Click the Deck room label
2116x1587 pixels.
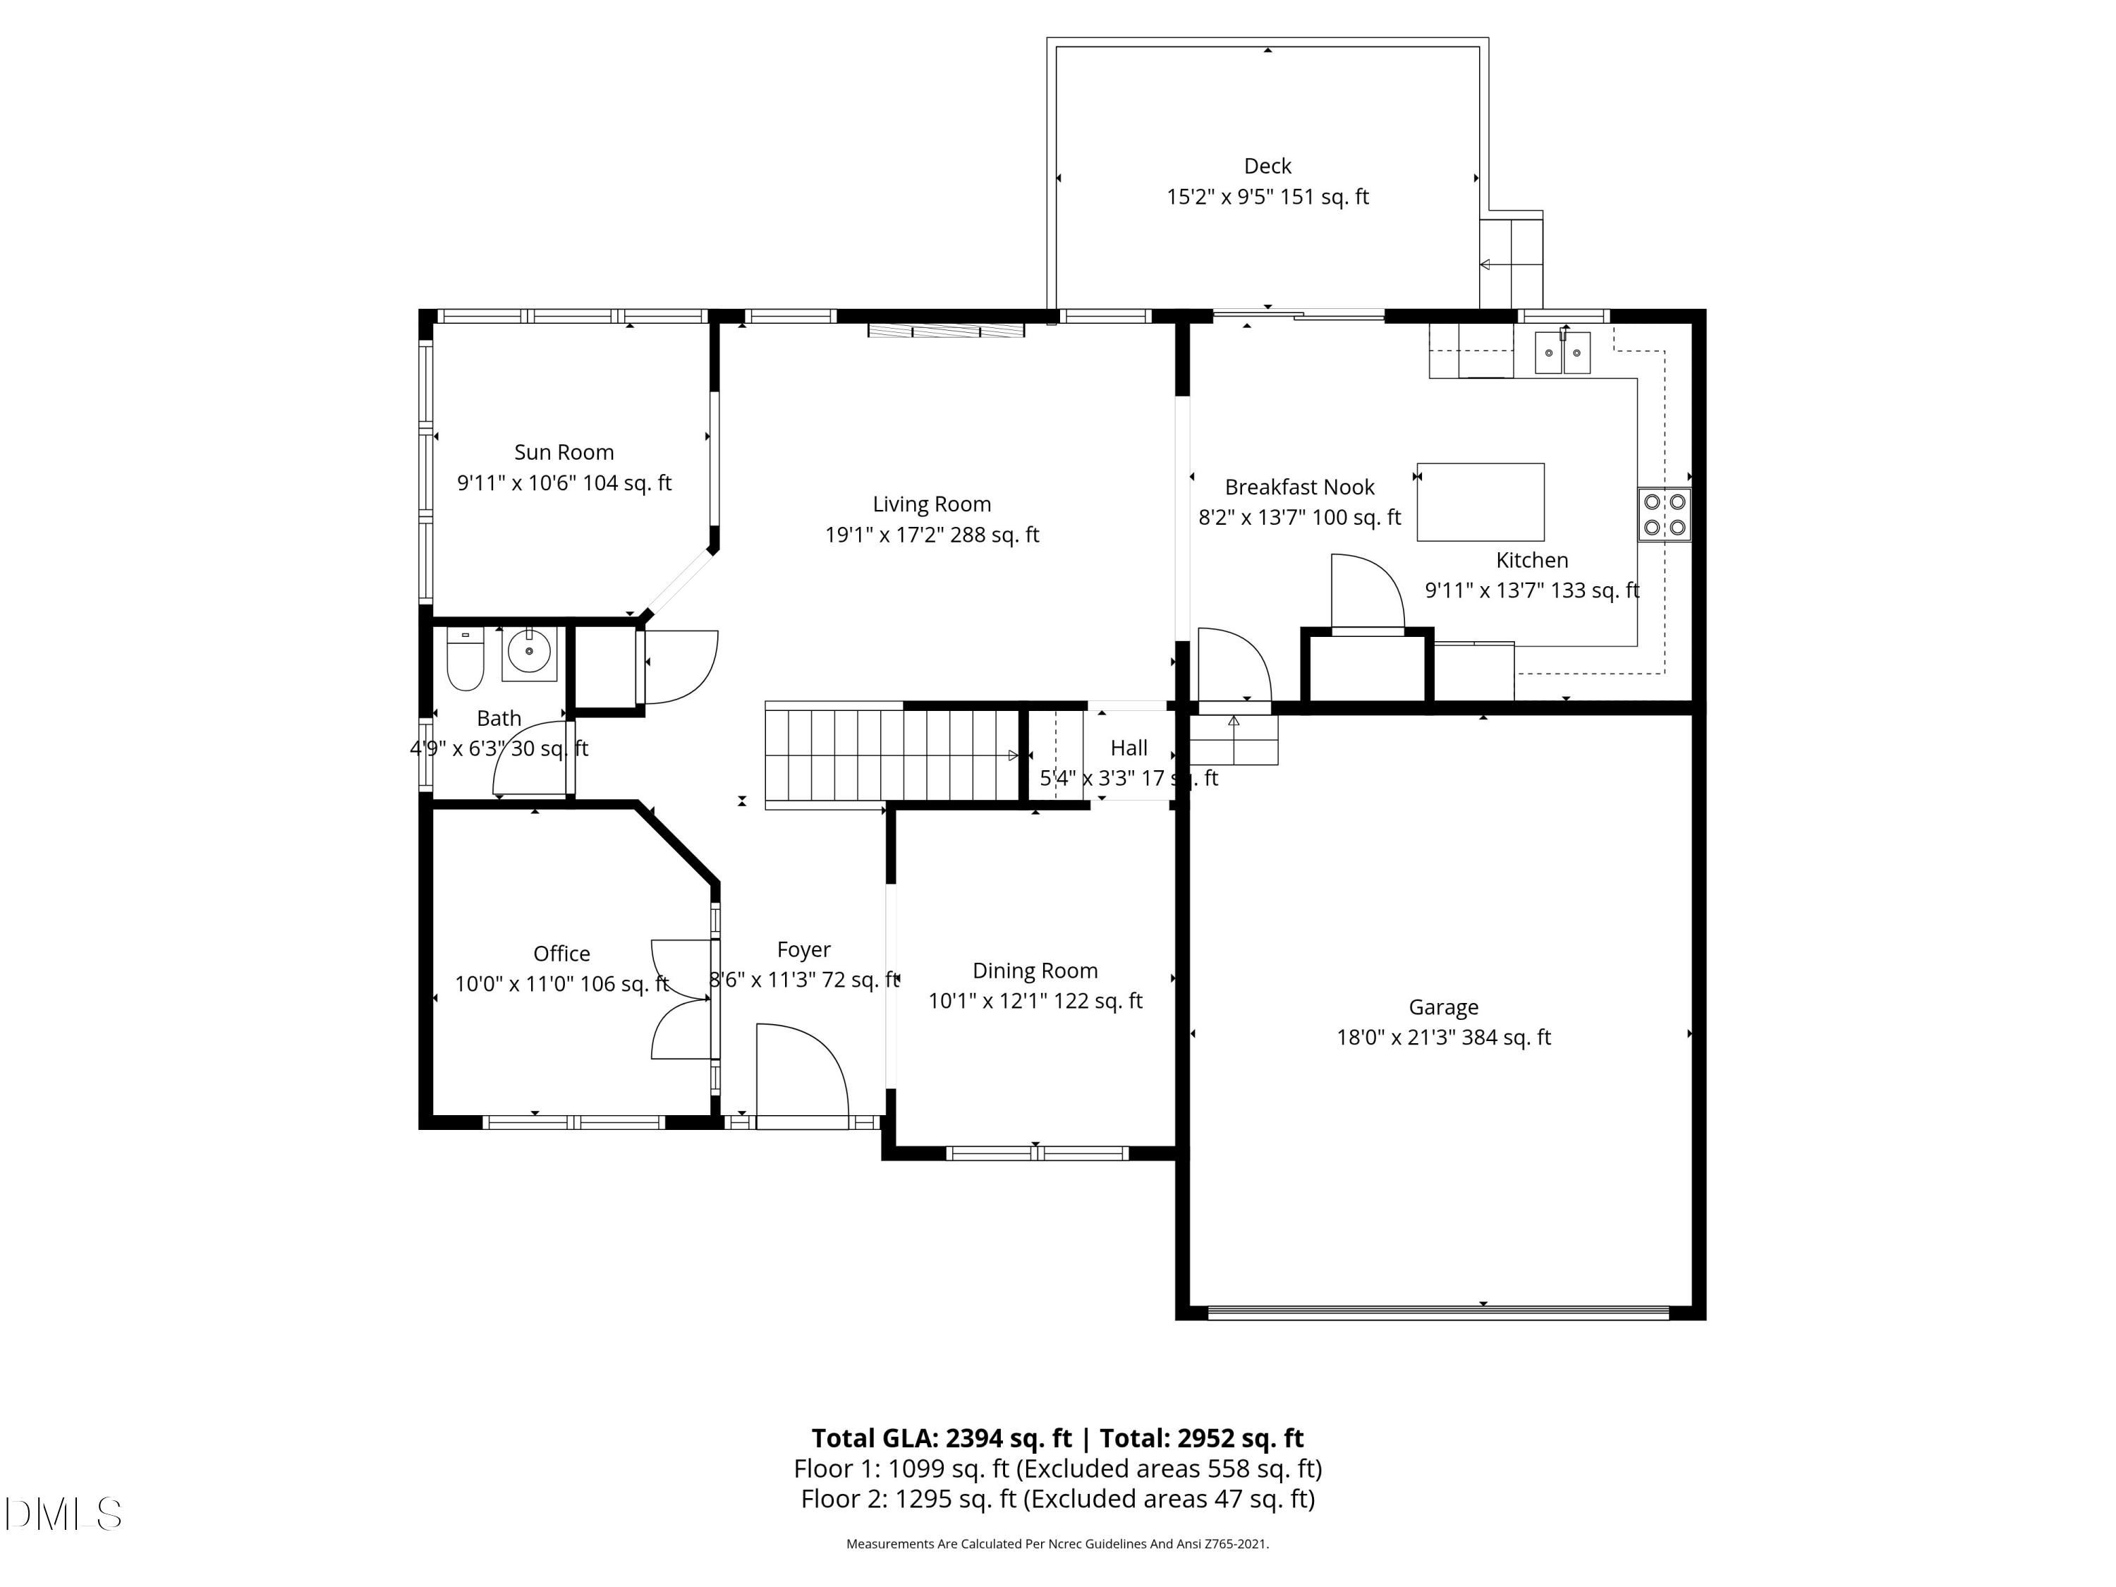point(1267,166)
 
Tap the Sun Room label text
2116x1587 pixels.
point(564,453)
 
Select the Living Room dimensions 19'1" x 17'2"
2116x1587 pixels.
point(931,535)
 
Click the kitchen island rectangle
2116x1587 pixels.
point(1480,502)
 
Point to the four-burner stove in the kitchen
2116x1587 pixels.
point(1663,515)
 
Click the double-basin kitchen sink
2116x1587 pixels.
point(1562,353)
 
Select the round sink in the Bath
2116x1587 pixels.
point(529,652)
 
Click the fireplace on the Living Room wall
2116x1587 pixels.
point(945,331)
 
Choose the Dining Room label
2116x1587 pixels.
point(1034,971)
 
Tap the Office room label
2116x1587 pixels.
point(561,954)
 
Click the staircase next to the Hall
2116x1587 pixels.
point(889,755)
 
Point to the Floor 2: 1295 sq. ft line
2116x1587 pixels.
point(1057,1499)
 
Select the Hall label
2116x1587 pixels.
point(1129,748)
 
